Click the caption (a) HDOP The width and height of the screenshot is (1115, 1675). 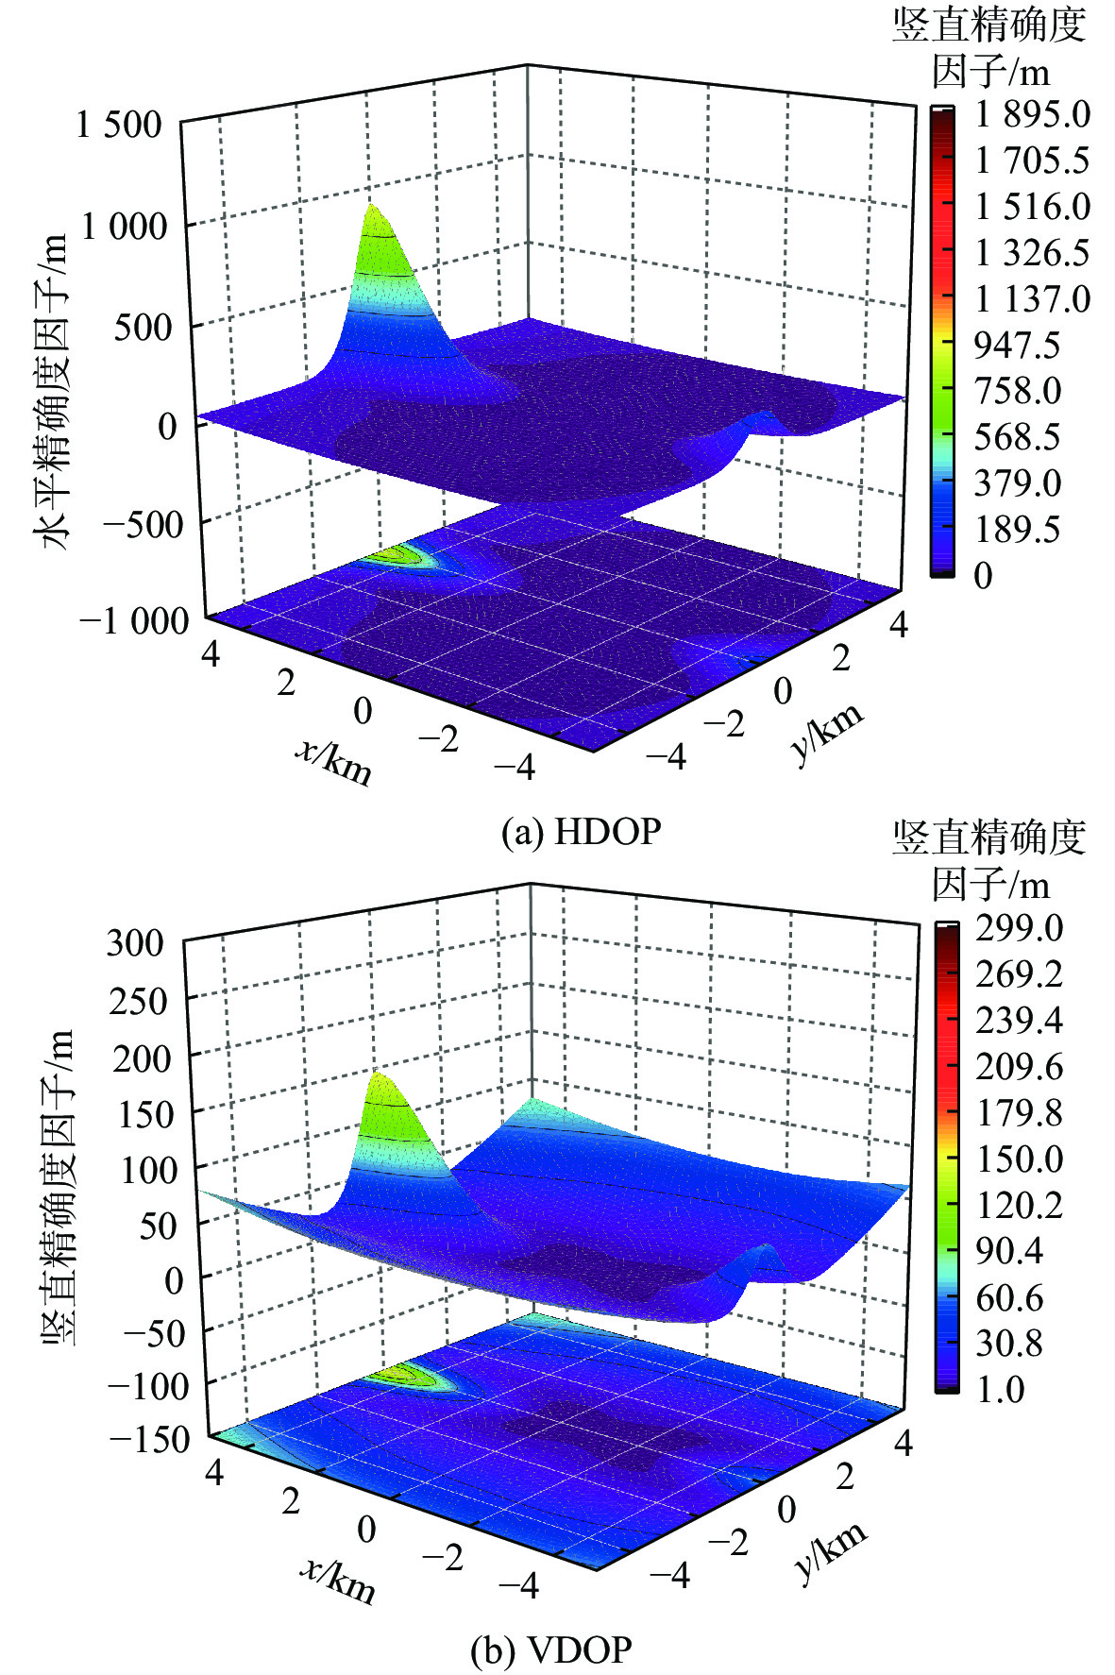[581, 832]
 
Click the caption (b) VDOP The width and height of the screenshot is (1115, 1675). [551, 1650]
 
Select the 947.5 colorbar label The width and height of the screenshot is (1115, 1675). [1017, 346]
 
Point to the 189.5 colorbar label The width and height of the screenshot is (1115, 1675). [1017, 530]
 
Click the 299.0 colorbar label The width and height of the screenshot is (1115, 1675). [1019, 927]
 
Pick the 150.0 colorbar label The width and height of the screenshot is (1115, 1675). [1019, 1159]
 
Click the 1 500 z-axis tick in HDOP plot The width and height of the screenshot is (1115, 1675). [119, 124]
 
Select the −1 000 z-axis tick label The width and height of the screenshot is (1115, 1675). [135, 621]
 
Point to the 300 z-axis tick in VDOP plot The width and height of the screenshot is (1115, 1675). [134, 942]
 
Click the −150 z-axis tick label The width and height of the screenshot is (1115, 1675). [148, 1439]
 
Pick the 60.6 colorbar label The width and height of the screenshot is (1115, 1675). [1008, 1297]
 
